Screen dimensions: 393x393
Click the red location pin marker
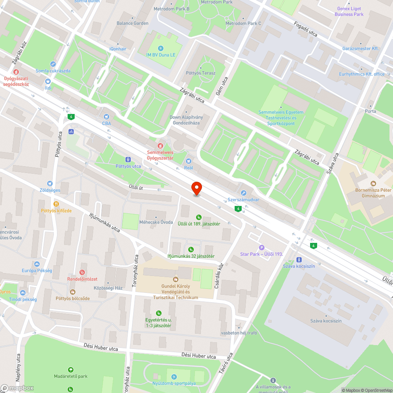196,188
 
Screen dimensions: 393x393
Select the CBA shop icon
106,117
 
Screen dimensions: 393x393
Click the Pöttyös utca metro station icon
128,160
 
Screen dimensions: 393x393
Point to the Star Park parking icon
262,247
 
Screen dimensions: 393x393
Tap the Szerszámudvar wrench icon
244,193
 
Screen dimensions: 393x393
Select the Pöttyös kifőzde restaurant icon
56,204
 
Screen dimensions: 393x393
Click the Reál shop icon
189,161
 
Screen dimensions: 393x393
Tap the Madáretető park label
71,376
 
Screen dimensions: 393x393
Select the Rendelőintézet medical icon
82,272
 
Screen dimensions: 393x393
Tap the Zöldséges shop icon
50,184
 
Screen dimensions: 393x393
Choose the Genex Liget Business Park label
349,11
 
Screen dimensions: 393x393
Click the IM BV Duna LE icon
160,48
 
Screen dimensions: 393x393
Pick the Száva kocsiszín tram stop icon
299,259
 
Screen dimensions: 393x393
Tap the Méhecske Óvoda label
156,222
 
